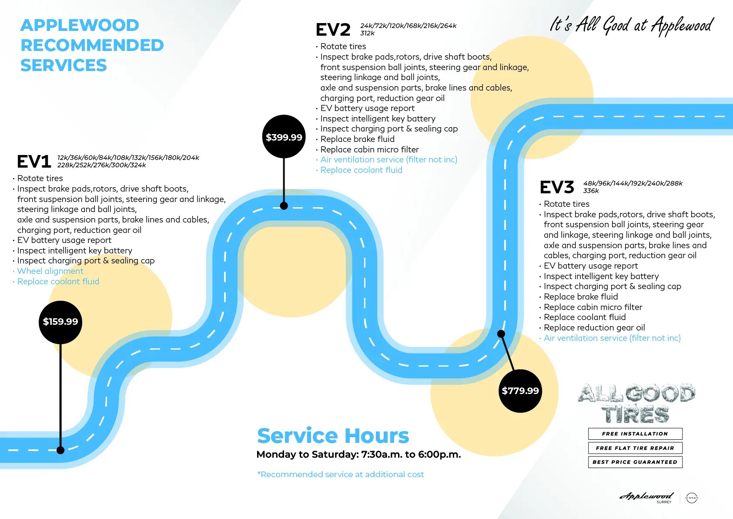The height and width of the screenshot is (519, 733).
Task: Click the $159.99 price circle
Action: click(60, 322)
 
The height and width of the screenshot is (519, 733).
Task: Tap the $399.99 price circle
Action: click(284, 137)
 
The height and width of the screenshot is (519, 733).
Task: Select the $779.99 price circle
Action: click(520, 391)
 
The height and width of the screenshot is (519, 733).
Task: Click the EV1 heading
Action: click(34, 162)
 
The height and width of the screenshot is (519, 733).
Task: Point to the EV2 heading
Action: click(333, 30)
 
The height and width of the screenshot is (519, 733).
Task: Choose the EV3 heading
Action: click(557, 187)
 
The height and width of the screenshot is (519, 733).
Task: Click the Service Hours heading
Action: click(333, 435)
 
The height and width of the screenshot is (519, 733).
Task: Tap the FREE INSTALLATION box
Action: click(635, 434)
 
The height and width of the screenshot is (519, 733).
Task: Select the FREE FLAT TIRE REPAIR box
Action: click(635, 448)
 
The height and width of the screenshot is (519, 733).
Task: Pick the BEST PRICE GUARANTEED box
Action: click(635, 462)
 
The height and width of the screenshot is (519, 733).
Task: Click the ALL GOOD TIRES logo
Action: click(636, 403)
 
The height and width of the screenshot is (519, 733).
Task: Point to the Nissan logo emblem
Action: click(691, 497)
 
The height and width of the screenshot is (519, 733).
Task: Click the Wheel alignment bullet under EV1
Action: click(50, 271)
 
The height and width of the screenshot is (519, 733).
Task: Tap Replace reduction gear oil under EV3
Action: click(594, 327)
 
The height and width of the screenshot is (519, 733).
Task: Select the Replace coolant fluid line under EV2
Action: click(361, 170)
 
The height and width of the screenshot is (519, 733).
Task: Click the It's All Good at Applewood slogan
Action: click(632, 25)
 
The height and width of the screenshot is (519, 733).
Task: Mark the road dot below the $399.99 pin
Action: click(284, 206)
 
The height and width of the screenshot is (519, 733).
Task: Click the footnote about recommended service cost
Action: click(341, 474)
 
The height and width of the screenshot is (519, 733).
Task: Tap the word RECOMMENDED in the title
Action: click(92, 45)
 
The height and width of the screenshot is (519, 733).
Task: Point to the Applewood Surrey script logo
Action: click(646, 496)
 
